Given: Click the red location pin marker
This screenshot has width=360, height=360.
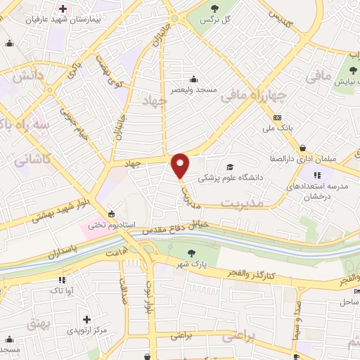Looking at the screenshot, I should pyautogui.click(x=181, y=166).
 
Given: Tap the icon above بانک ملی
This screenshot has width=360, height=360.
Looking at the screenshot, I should pyautogui.click(x=278, y=117).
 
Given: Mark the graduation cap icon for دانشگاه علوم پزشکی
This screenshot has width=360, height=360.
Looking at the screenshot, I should pyautogui.click(x=230, y=167).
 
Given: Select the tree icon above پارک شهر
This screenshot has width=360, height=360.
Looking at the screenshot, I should pyautogui.click(x=190, y=253).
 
